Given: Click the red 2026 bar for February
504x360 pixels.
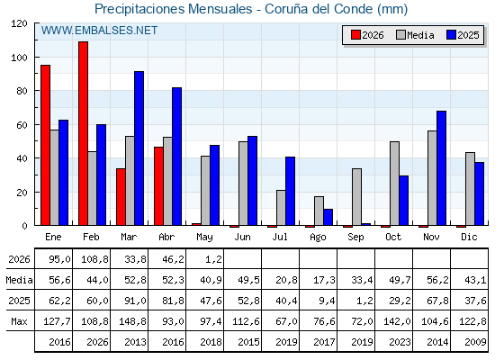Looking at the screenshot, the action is (83, 133).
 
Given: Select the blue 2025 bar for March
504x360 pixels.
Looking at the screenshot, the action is (139, 148).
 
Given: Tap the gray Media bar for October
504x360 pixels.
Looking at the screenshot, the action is (394, 184).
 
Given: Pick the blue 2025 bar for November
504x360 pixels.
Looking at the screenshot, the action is (441, 168).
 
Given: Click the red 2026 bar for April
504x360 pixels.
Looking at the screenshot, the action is (158, 186).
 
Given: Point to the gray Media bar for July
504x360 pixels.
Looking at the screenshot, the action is (281, 208).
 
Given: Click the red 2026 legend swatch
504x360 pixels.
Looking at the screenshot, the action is (355, 35).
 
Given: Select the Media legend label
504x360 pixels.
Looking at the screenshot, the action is (420, 35).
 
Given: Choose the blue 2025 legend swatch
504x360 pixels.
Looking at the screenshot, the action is (451, 35).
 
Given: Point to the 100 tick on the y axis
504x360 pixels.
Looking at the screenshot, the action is (19, 58).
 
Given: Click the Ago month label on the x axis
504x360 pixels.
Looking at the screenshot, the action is (318, 238).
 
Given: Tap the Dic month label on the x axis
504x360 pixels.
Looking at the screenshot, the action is (469, 237).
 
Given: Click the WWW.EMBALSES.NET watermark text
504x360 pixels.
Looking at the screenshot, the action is (99, 31).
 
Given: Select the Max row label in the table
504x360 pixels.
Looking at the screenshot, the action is (19, 321).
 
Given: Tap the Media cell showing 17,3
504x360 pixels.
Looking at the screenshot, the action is (324, 280).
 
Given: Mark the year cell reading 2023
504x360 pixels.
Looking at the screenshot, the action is (400, 342).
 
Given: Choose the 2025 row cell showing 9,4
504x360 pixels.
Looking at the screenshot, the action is (327, 301).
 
